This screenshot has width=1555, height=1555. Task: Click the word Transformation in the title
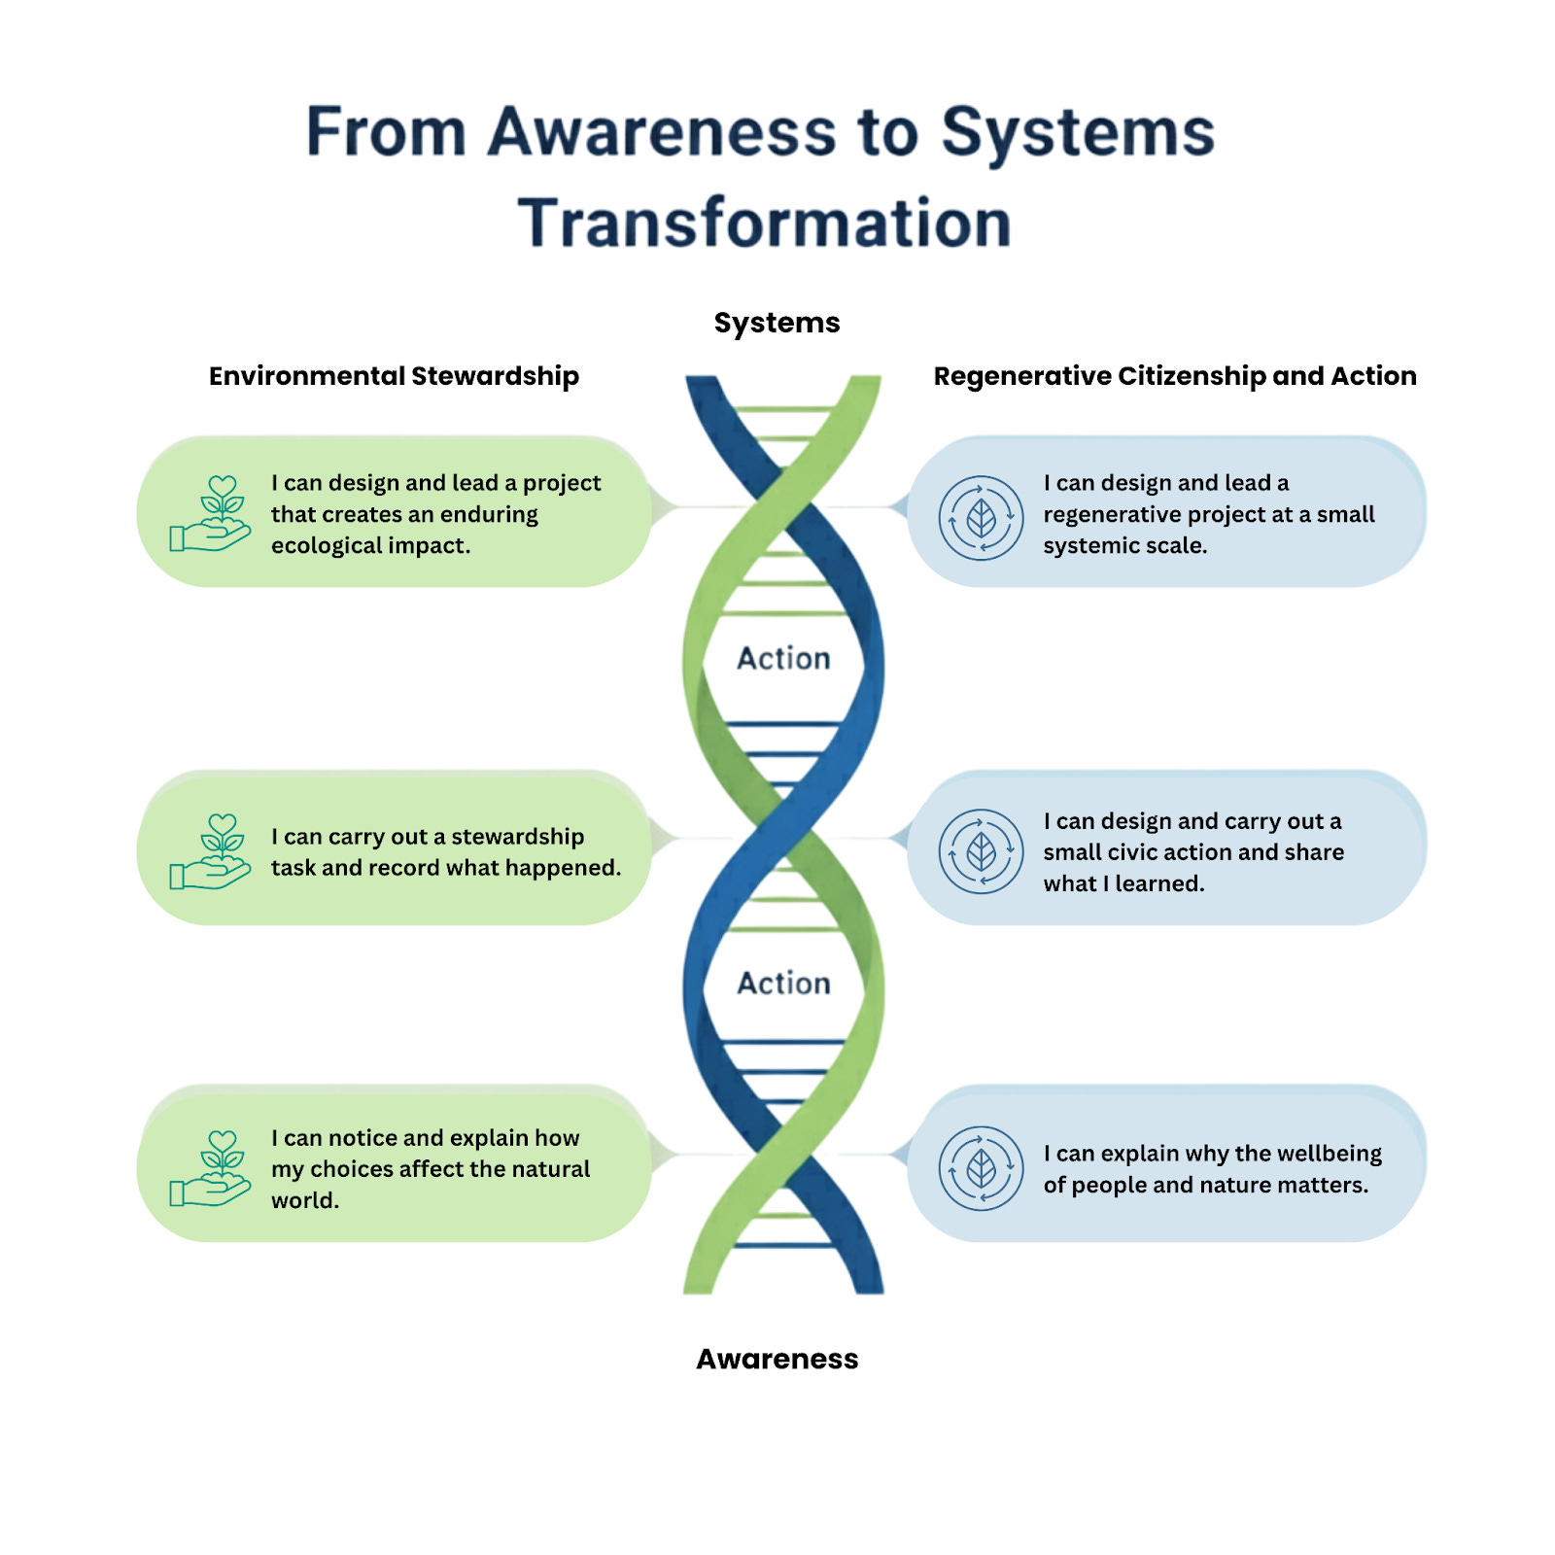coord(765,224)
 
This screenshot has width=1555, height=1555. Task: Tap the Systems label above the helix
coord(777,323)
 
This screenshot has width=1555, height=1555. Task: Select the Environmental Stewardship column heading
coord(394,376)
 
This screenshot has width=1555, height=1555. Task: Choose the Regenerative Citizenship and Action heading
coord(1174,376)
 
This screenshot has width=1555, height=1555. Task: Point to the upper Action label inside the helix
coord(783,658)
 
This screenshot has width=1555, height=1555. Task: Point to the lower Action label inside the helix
coord(783,983)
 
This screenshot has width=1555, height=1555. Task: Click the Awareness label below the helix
coord(777,1359)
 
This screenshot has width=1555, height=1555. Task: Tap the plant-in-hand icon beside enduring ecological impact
coord(211,514)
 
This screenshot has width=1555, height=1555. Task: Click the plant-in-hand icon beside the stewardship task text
coord(211,851)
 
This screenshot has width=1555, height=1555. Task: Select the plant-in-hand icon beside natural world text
coord(211,1168)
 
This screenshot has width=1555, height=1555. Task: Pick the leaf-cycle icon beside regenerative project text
coord(981,517)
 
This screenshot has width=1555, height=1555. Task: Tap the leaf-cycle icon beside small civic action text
coord(981,851)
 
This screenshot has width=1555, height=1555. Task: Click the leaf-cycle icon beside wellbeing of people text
coord(981,1168)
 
